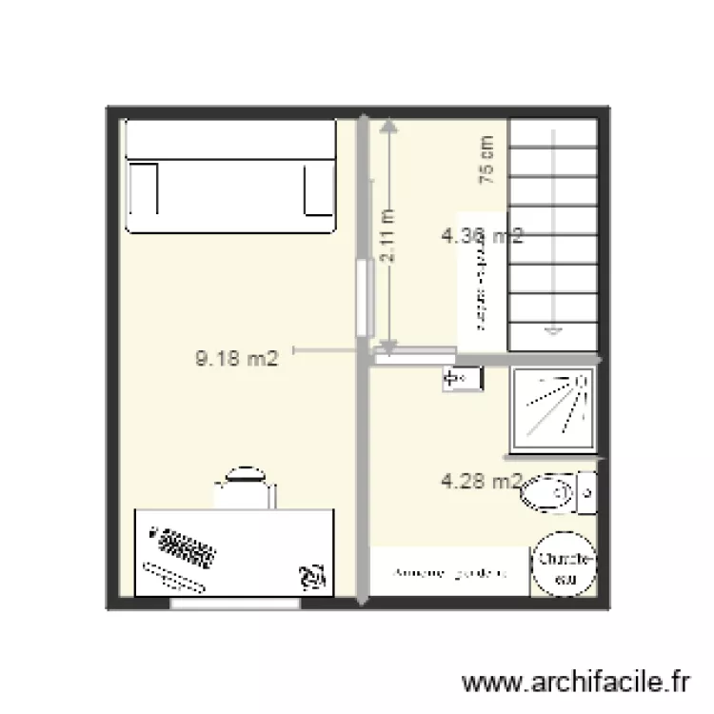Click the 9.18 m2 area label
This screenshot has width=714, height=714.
point(236,359)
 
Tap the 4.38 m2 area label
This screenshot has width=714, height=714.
point(483,235)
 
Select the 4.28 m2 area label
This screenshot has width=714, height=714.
point(482,482)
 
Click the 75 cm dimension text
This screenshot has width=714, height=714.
point(486,158)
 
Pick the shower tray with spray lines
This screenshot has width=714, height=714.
point(553,408)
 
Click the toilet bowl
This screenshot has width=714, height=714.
point(546,493)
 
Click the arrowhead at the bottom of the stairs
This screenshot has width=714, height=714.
point(552,331)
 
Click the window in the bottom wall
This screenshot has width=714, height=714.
point(234,604)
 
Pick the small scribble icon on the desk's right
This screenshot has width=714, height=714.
point(310,574)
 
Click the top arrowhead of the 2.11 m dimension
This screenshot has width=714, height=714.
point(387,127)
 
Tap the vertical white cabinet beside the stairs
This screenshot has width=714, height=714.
point(483,282)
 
